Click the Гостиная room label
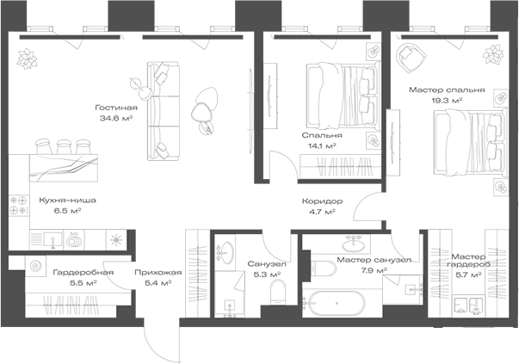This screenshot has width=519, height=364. [117, 107]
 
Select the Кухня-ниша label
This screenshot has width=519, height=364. [61, 200]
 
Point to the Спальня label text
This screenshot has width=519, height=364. [322, 135]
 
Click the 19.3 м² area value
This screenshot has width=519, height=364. [447, 100]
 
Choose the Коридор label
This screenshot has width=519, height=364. [322, 201]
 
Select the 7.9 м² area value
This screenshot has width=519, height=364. [373, 270]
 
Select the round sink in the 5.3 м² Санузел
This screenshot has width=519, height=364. [228, 253]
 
